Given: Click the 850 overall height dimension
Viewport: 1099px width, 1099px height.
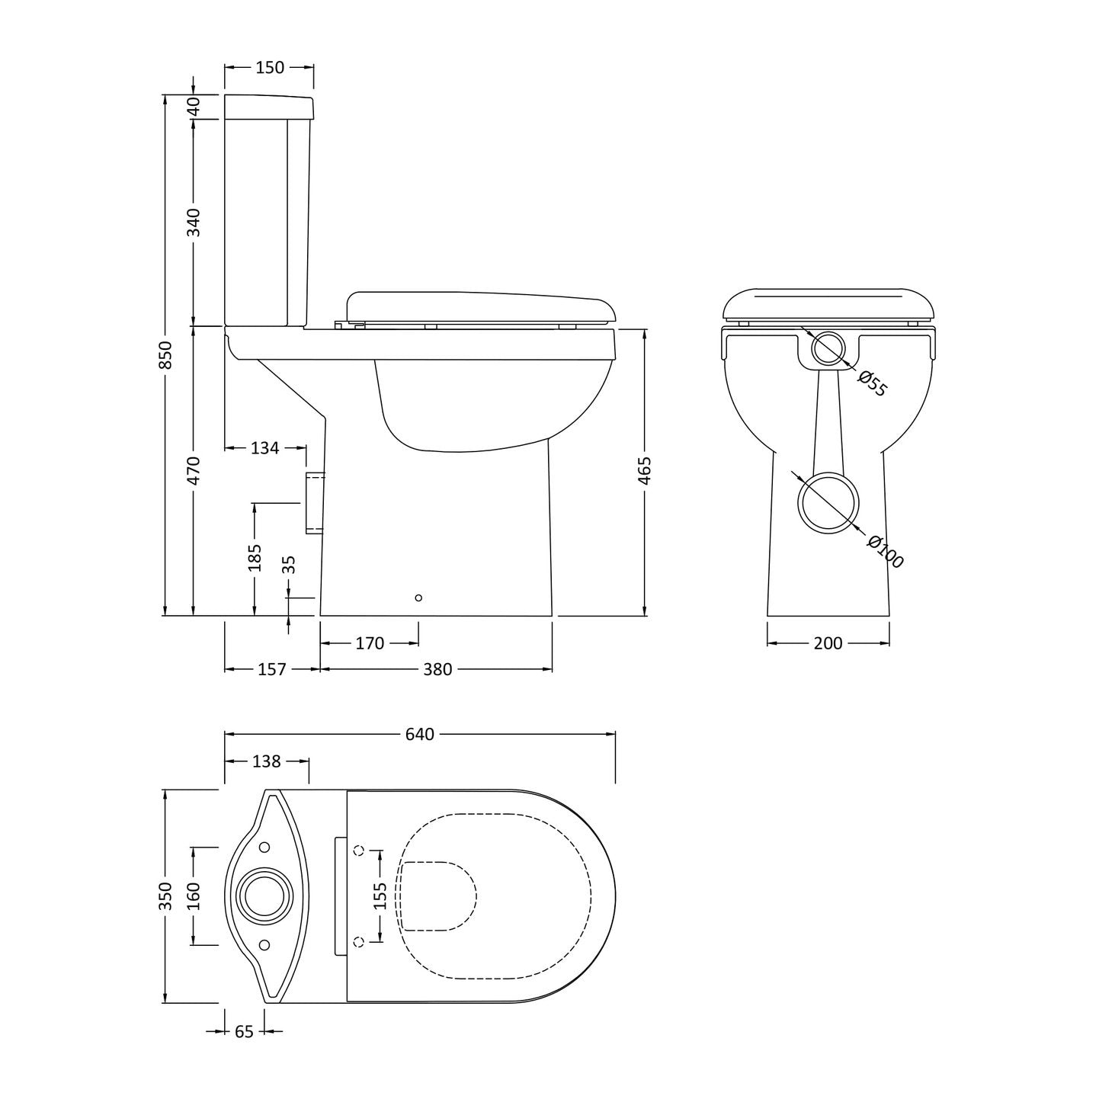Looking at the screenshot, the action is click(x=165, y=354).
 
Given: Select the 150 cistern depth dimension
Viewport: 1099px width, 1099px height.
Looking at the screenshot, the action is click(x=269, y=67).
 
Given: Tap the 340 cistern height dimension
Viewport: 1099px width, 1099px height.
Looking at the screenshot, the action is click(x=194, y=223).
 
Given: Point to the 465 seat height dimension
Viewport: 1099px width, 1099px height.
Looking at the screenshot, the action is click(x=645, y=470).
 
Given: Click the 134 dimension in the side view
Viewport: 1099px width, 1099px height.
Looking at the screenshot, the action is click(x=265, y=447).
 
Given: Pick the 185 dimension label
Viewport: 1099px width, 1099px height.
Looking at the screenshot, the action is click(x=255, y=557).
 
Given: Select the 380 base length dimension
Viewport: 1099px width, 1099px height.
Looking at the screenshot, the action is click(x=437, y=669).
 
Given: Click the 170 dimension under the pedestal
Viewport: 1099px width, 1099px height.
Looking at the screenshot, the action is click(x=370, y=643).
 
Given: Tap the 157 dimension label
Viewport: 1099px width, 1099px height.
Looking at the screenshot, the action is click(x=271, y=669).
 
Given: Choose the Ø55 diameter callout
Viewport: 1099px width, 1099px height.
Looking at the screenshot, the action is click(x=873, y=383).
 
